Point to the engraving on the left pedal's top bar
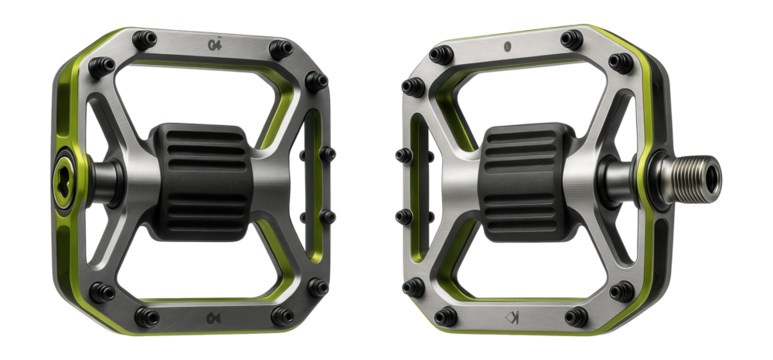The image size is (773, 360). click(x=212, y=43)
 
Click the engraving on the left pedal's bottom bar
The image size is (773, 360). click(x=212, y=317)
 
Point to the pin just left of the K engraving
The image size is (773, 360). click(x=447, y=318)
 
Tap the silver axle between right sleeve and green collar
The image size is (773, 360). click(x=605, y=177)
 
